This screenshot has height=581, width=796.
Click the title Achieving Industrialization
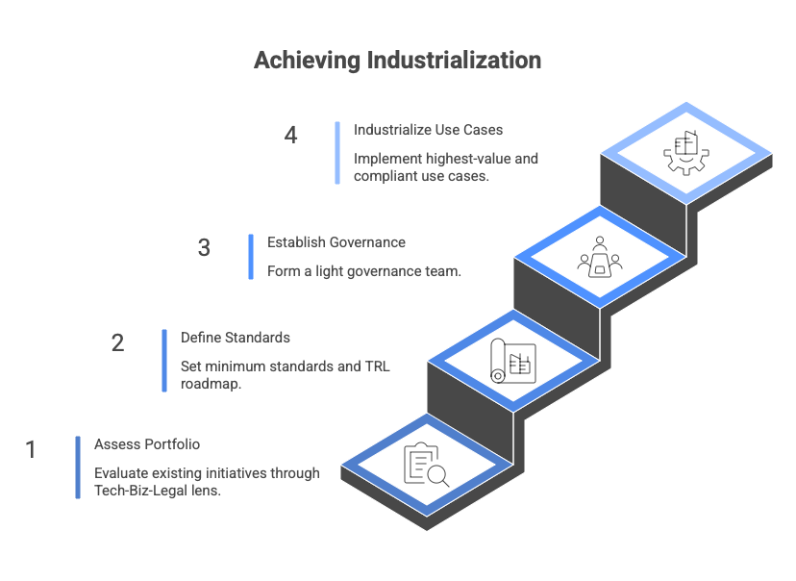397,61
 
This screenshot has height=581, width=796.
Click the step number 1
31,449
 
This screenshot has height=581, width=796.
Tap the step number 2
117,342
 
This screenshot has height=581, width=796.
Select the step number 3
204,248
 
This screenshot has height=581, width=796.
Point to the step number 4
290,135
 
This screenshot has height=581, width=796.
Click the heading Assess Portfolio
147,444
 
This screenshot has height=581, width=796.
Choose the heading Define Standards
236,338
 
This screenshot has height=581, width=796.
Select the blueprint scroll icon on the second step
510,362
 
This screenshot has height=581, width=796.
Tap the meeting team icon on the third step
599,256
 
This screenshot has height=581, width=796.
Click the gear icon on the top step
685,153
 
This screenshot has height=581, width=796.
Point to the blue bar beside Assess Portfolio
78,467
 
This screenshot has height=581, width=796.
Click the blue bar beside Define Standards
164,361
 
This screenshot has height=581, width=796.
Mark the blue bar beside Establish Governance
251,257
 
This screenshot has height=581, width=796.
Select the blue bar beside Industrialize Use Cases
337,152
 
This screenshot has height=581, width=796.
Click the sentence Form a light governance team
364,271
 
